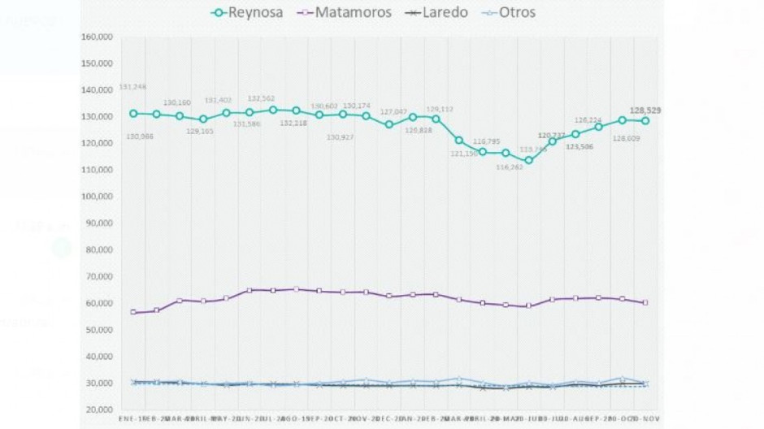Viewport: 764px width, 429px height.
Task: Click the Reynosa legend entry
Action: tap(247, 12)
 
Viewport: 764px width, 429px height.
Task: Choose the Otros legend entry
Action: tap(507, 12)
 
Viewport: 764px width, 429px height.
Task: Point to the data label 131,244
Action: tap(133, 87)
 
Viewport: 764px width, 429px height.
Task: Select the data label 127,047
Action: tap(392, 112)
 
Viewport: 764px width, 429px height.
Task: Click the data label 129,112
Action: tap(439, 109)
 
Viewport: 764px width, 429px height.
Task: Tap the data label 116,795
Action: tap(488, 141)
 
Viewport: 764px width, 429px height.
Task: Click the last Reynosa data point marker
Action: tap(645, 121)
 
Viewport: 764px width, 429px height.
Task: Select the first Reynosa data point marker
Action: tap(133, 114)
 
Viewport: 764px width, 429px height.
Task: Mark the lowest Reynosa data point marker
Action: tap(529, 160)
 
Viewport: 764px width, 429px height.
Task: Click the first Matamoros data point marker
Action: tap(133, 312)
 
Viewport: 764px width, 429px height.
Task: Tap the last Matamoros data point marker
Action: tap(645, 302)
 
